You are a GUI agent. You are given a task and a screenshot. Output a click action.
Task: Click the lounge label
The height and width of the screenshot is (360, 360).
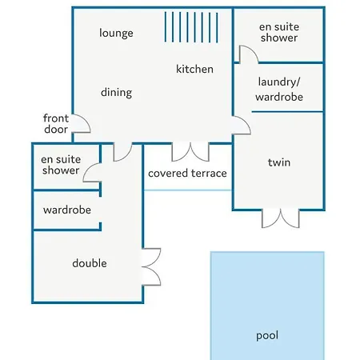tap(116, 33)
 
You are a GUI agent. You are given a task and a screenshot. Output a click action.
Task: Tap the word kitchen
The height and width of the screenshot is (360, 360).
tap(194, 69)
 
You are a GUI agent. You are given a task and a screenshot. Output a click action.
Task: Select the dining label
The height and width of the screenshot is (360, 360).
tap(116, 93)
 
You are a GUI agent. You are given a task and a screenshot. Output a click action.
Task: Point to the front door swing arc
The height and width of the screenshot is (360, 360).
tap(85, 120)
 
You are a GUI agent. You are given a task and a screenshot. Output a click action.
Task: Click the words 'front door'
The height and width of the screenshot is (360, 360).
tap(56, 124)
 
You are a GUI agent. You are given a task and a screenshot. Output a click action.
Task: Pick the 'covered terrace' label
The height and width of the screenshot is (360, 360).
tap(187, 174)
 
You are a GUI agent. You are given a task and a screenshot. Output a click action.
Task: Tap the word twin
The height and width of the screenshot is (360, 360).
tap(279, 162)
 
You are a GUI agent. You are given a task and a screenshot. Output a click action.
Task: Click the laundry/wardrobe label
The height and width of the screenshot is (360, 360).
tap(279, 89)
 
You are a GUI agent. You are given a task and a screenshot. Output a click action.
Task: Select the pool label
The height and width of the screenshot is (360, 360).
tap(267, 336)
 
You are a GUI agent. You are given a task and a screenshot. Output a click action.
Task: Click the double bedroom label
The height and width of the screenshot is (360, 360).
tap(90, 263)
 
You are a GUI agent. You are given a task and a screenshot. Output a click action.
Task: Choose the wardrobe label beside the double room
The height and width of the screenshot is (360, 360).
tap(67, 210)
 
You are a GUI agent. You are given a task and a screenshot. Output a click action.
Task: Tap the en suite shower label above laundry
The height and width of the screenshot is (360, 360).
tap(279, 32)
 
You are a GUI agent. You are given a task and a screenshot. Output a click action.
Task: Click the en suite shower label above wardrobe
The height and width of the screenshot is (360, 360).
tap(61, 165)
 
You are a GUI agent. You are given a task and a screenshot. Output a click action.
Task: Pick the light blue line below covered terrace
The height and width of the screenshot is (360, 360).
tap(188, 190)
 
